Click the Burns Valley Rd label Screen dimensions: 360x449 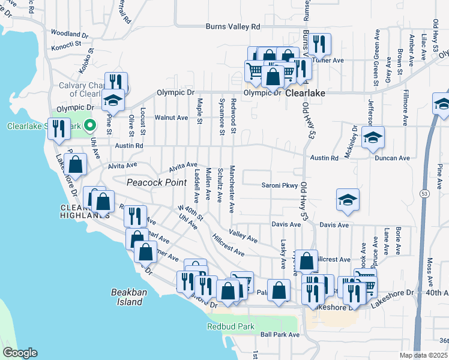233,27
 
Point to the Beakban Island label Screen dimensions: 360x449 127,297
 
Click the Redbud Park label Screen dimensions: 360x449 231,327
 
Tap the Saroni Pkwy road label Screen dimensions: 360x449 279,185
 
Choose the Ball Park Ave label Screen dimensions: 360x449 279,335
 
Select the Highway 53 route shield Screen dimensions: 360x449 424,195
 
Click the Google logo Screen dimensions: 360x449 20,353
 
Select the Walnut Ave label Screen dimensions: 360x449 171,118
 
